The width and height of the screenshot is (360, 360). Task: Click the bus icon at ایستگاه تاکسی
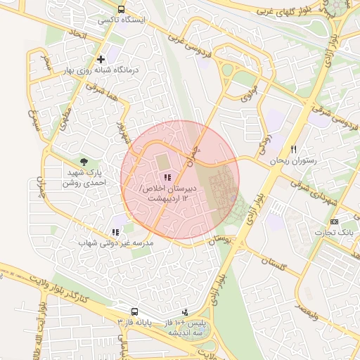122,10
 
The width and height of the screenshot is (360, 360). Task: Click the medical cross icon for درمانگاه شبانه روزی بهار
101,59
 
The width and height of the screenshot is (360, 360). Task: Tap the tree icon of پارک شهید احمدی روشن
85,162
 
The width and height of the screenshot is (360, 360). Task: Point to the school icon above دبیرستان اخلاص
167,178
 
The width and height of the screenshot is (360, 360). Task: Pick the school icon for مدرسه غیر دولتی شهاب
115,232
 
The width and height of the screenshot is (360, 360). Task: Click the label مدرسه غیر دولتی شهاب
116,243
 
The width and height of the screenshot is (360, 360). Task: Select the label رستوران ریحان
293,160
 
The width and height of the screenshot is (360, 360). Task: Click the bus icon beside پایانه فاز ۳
134,311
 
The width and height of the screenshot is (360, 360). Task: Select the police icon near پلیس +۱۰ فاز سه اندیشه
185,311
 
